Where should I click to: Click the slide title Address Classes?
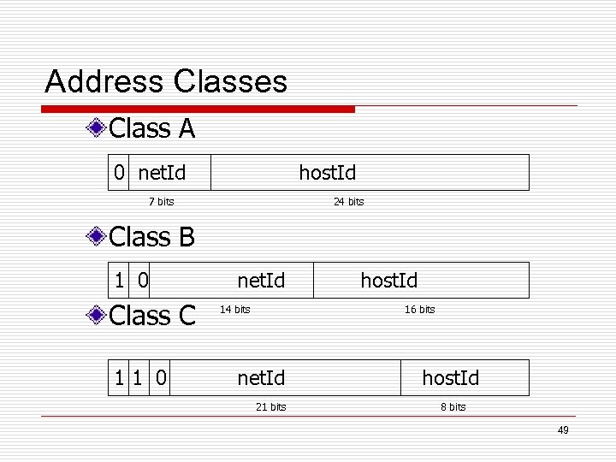166,82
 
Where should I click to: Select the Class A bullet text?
152,129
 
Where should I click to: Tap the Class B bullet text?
152,236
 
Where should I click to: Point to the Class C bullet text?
152,316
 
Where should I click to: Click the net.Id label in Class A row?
162,173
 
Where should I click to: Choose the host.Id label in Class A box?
327,173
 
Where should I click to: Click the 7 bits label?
161,202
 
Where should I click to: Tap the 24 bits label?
348,202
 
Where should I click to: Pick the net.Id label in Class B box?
261,280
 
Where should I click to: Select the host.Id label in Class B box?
389,280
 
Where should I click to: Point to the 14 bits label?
235,309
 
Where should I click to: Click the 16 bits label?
419,310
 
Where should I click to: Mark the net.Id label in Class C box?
261,377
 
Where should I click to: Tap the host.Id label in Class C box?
451,377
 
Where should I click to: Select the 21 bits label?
270,406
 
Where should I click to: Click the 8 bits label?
453,406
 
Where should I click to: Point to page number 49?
562,430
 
